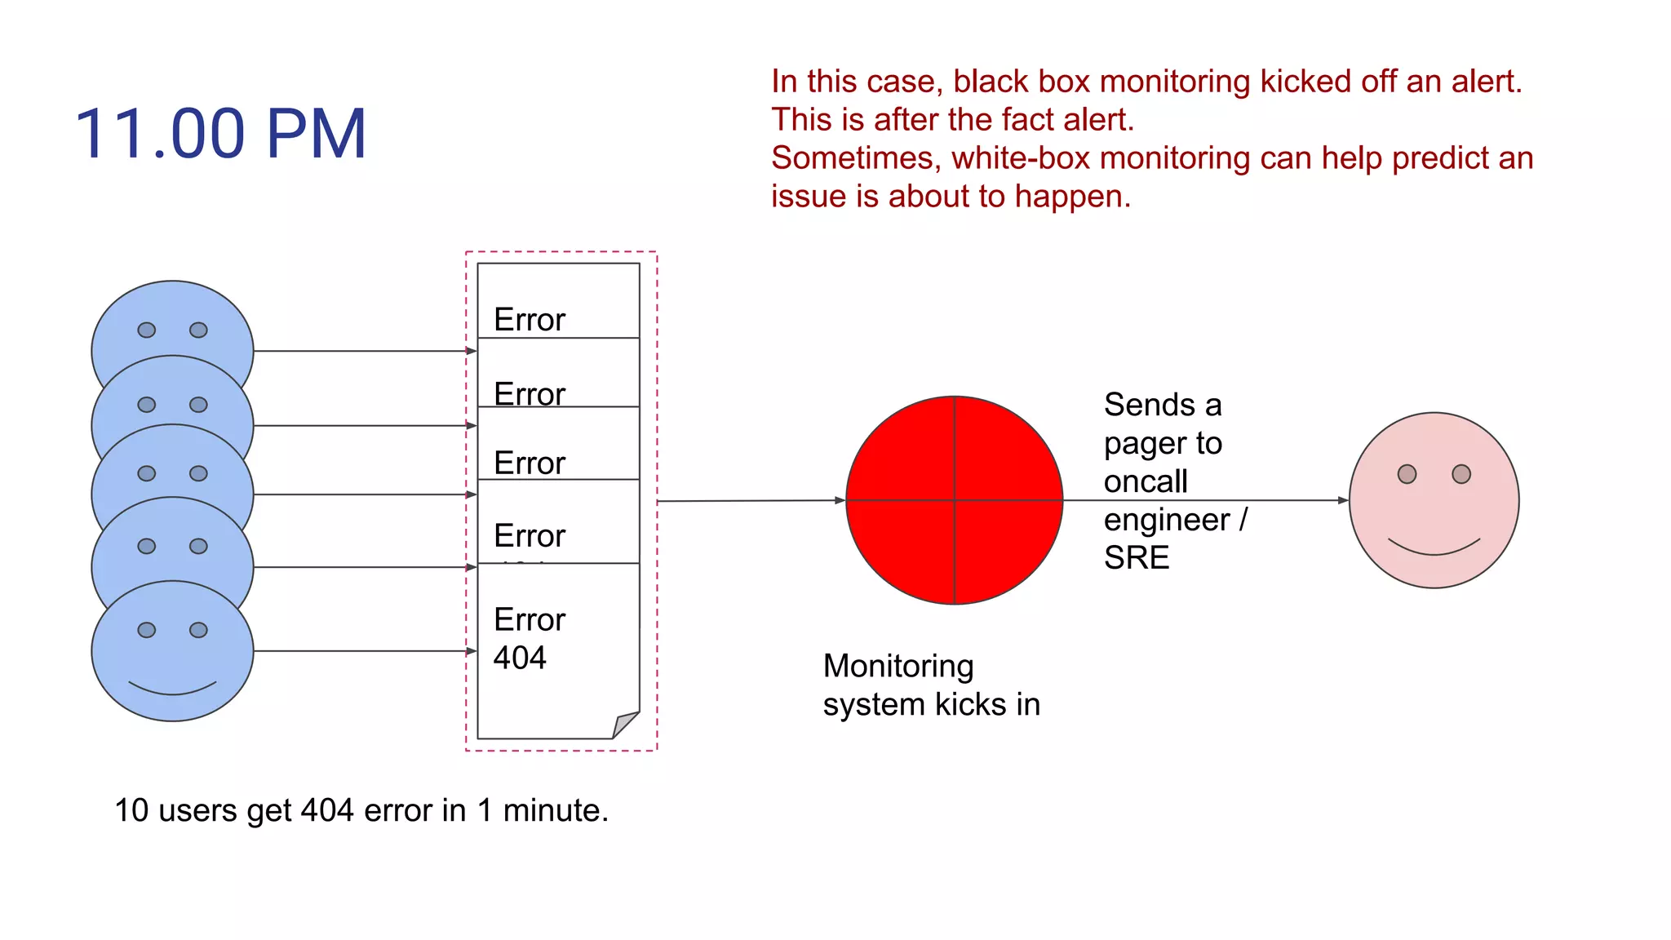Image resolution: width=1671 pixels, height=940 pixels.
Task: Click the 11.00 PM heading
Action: (220, 135)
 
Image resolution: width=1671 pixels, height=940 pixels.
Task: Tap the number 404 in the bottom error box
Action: (520, 658)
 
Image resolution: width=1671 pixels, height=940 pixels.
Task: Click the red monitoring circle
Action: (954, 500)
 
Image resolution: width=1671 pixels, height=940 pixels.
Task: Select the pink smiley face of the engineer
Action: (1434, 500)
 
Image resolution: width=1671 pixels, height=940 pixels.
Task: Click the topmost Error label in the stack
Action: (529, 319)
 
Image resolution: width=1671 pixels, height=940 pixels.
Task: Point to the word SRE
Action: (1136, 558)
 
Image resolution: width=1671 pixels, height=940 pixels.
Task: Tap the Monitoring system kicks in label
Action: (931, 685)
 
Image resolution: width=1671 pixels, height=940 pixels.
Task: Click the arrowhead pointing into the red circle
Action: (840, 500)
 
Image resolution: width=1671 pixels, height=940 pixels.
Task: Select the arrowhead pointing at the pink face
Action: (1343, 500)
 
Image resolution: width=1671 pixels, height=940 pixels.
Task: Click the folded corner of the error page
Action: (626, 725)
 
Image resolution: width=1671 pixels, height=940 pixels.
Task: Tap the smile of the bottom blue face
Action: (172, 689)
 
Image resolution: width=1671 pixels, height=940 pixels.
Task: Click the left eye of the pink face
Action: (1407, 474)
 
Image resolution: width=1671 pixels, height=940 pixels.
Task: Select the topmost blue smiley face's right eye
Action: (198, 330)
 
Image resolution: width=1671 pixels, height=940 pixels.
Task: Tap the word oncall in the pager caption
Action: (1145, 481)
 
